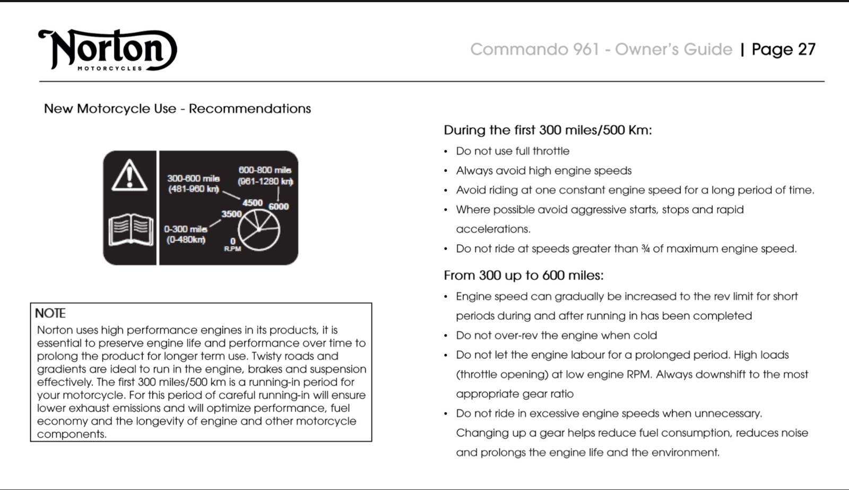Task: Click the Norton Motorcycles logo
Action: (108, 50)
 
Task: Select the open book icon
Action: (131, 230)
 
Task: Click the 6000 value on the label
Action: (279, 207)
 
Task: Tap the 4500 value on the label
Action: (253, 203)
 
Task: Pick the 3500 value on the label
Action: (231, 214)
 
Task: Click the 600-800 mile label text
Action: (265, 170)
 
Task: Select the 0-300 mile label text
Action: (186, 229)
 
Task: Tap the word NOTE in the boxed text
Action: (50, 313)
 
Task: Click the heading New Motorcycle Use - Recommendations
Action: (177, 109)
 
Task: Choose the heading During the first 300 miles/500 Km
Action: (548, 130)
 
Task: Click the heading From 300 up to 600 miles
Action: (523, 276)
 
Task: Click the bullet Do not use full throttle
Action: (513, 151)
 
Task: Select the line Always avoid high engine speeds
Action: (543, 171)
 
